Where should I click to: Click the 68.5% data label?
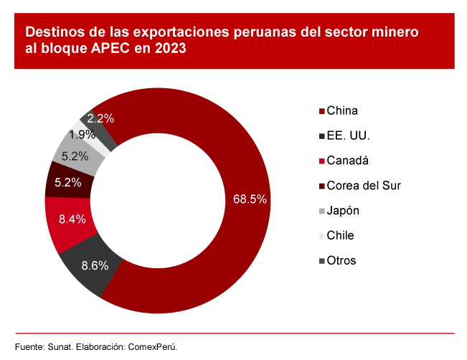(250, 199)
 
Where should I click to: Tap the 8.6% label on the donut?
(95, 265)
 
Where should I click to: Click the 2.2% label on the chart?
(101, 118)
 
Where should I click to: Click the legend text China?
(342, 111)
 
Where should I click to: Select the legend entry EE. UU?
(348, 136)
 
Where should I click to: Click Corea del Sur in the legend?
(363, 186)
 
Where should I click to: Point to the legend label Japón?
(343, 211)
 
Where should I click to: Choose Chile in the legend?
(340, 235)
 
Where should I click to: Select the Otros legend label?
(341, 260)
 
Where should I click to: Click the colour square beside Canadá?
(320, 161)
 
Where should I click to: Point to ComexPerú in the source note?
(152, 346)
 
